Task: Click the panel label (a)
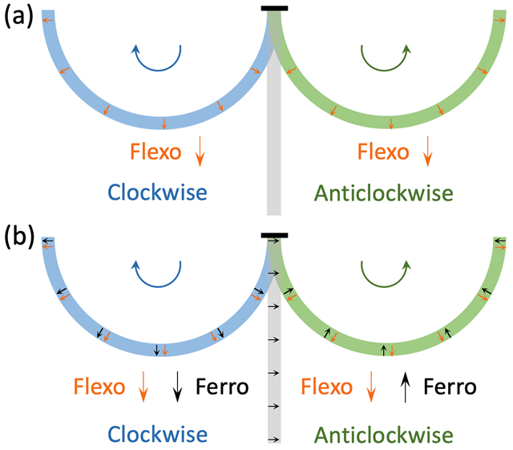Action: tap(18, 16)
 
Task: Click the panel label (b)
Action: tap(19, 237)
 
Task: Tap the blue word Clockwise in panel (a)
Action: tap(157, 193)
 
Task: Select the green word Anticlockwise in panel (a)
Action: tap(383, 193)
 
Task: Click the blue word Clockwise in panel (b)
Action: tap(157, 434)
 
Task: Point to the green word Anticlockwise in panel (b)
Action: tap(383, 435)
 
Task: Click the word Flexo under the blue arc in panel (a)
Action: tap(156, 152)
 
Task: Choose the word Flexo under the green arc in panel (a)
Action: tap(383, 152)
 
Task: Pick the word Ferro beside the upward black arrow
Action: tap(450, 387)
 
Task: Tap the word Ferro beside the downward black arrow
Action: tap(222, 387)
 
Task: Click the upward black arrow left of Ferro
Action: tap(406, 387)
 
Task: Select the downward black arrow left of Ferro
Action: tap(177, 387)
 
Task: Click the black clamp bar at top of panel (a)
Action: tap(274, 8)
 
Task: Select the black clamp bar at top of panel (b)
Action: tap(274, 235)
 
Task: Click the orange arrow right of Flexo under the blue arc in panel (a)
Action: tap(200, 152)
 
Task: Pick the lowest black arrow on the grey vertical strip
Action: tap(274, 440)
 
